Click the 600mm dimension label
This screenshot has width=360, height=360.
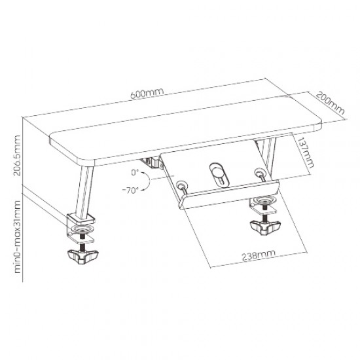tap(147, 92)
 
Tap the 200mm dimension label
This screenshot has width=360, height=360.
tap(331, 103)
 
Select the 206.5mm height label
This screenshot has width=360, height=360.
tap(17, 155)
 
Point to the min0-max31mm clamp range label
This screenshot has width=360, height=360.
tap(18, 237)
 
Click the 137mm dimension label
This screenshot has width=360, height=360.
tap(306, 153)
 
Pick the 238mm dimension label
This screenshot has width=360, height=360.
tap(259, 255)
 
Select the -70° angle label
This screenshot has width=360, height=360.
tap(130, 190)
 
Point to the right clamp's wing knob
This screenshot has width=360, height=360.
tap(265, 226)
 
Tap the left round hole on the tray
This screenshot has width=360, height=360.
tap(181, 184)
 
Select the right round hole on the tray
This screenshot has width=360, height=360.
tap(259, 171)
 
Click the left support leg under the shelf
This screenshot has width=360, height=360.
tap(84, 191)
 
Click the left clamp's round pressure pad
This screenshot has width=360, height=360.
tap(81, 229)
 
